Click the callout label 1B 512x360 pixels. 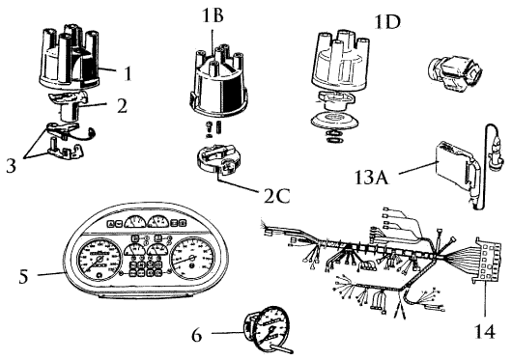(x=213, y=15)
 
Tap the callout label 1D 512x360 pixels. (x=387, y=22)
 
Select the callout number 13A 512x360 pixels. (x=372, y=178)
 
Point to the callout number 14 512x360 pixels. (x=485, y=331)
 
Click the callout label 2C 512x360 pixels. (x=276, y=196)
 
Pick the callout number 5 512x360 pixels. (x=23, y=277)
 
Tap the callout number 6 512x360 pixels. (x=196, y=334)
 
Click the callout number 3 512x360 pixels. (x=11, y=165)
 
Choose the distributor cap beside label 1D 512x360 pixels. (x=340, y=61)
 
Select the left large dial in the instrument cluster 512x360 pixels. (x=99, y=259)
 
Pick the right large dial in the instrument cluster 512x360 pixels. (x=192, y=257)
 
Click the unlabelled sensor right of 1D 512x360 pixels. (x=455, y=72)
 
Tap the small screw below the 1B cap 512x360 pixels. (x=209, y=129)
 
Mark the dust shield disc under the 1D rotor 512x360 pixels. (x=334, y=121)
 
